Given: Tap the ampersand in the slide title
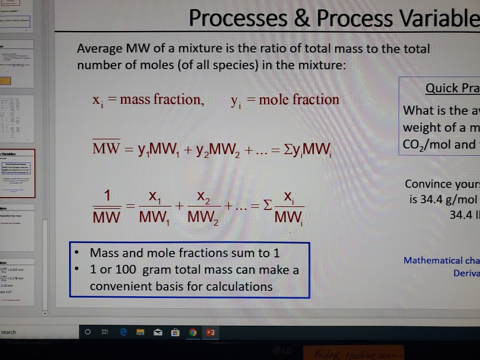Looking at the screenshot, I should [302, 19].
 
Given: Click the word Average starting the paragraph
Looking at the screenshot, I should [99, 49].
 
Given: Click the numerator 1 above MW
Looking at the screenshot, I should [109, 196].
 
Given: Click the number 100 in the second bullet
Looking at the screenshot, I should [125, 270].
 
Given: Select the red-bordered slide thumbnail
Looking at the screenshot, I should [18, 173].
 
